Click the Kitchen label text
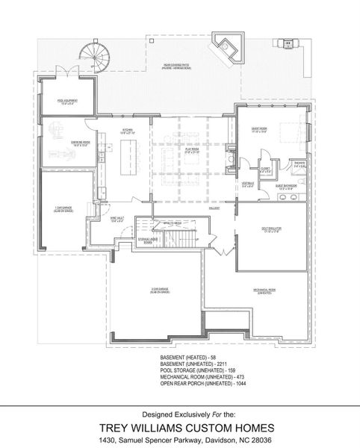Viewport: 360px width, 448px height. coord(128,131)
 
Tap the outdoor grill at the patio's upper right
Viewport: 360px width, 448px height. coord(288,44)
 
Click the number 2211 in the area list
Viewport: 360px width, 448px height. coord(221,364)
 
